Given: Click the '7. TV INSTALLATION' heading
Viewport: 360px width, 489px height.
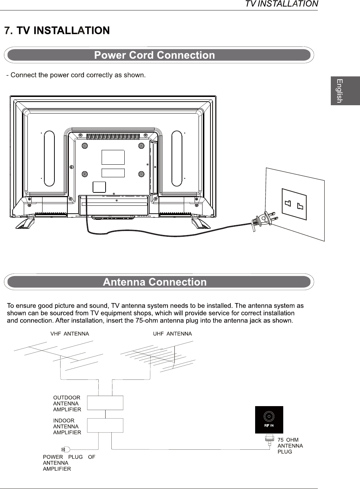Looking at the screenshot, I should (x=57, y=31).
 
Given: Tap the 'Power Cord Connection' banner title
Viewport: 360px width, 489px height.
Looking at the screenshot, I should (x=154, y=55).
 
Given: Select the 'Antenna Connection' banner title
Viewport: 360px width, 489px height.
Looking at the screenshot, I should (x=155, y=282).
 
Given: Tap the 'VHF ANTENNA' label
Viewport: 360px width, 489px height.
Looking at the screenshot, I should (x=70, y=334).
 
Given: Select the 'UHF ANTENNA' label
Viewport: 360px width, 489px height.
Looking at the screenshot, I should (x=173, y=334).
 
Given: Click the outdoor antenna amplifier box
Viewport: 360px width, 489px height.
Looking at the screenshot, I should (x=105, y=403).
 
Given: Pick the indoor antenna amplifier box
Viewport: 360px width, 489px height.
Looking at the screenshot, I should (x=105, y=426).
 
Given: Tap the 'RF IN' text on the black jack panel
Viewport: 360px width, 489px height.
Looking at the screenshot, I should (x=269, y=426).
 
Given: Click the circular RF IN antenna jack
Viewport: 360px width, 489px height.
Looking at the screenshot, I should (x=269, y=417).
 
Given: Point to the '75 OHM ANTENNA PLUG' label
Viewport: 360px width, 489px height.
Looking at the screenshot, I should (x=290, y=446).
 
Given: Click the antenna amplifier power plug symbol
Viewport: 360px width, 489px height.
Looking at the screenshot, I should (x=66, y=449).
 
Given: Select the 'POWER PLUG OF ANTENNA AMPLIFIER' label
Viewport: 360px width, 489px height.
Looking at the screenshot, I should (x=69, y=463).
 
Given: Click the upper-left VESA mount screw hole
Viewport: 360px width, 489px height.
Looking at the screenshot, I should (x=84, y=146).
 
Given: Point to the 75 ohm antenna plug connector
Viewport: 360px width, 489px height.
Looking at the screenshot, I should (x=269, y=440).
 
